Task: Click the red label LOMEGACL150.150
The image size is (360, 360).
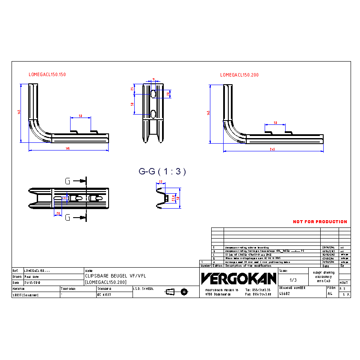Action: pyautogui.click(x=47, y=74)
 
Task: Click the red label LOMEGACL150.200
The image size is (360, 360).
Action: pyautogui.click(x=239, y=75)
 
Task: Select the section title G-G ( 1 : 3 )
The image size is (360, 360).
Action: pyautogui.click(x=162, y=171)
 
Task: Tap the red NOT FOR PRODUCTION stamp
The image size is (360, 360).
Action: pyautogui.click(x=320, y=221)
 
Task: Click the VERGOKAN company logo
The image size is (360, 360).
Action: pyautogui.click(x=239, y=279)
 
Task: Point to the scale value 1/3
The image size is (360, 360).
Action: pyautogui.click(x=293, y=280)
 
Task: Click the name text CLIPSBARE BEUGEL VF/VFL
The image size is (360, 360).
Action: pyautogui.click(x=115, y=277)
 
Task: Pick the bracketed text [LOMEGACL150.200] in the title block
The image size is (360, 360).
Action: pyautogui.click(x=106, y=283)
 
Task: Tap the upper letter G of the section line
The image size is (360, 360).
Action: pyautogui.click(x=68, y=181)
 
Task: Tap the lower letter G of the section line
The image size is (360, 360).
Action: pyautogui.click(x=68, y=218)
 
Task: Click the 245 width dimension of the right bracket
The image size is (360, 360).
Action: pyautogui.click(x=272, y=149)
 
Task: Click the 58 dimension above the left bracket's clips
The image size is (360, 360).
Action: pyautogui.click(x=80, y=116)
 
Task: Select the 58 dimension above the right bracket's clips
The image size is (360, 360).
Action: pyautogui.click(x=275, y=123)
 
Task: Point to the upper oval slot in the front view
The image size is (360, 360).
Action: pyautogui.click(x=153, y=94)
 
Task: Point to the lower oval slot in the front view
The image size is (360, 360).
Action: pyautogui.click(x=153, y=113)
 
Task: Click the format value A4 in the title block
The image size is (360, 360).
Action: pyautogui.click(x=330, y=294)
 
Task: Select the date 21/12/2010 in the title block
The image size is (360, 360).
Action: pyautogui.click(x=32, y=283)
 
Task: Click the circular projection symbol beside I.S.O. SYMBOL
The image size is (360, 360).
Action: pyautogui.click(x=184, y=292)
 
